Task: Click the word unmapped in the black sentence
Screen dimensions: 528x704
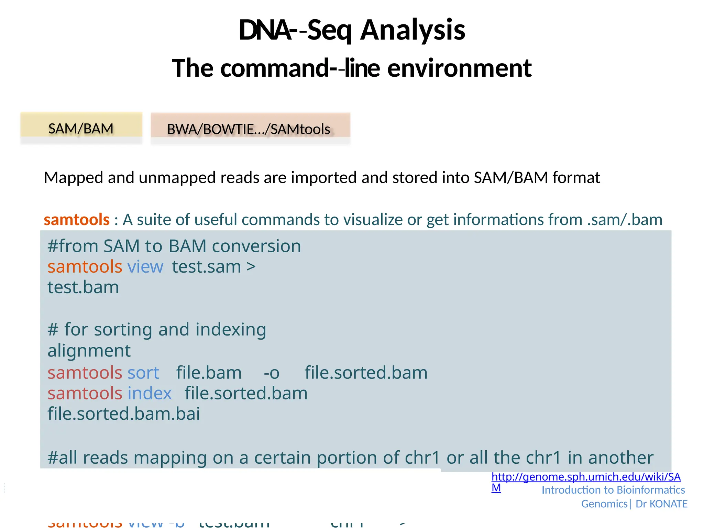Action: pos(177,178)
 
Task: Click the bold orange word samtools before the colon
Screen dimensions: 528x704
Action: pos(76,220)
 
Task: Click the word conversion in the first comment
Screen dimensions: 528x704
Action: pos(256,246)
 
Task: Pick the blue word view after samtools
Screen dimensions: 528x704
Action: pos(145,267)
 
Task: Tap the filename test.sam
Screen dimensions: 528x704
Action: pos(206,267)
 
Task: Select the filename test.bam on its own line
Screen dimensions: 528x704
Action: pos(83,287)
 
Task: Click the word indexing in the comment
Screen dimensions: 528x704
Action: pos(231,329)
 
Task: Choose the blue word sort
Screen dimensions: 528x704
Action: pos(143,373)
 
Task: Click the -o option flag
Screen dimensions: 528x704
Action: pos(271,373)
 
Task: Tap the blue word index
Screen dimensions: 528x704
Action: pos(149,393)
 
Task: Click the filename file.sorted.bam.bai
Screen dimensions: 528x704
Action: pos(123,414)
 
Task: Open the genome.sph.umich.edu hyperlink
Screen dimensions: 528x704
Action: pos(586,477)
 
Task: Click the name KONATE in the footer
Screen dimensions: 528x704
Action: pos(668,504)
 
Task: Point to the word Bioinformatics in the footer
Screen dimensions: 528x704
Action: pos(650,490)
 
